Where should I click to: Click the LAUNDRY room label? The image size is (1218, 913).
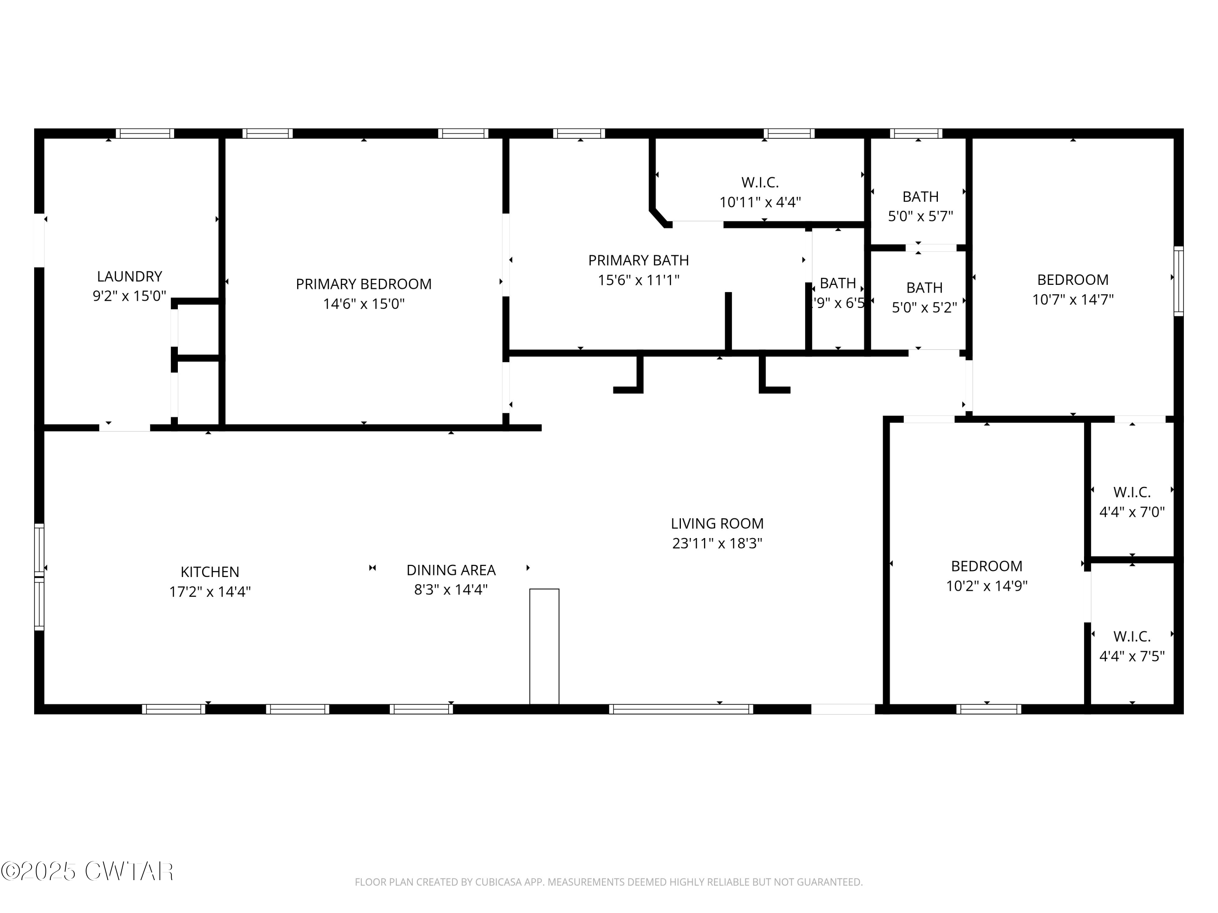point(130,276)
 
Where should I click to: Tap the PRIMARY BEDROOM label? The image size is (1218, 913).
point(363,284)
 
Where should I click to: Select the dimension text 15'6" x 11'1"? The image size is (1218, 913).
point(638,280)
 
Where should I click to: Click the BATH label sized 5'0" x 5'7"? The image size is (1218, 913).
point(920,196)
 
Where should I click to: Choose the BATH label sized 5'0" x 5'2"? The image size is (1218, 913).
point(924,288)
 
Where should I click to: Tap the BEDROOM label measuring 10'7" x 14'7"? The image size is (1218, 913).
point(1072,280)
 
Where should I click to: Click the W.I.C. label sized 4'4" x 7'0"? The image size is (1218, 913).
point(1132,492)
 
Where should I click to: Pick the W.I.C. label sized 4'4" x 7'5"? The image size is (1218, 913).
point(1132,636)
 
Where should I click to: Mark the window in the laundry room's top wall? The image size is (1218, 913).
point(145,133)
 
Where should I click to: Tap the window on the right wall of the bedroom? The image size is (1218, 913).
point(1178,281)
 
